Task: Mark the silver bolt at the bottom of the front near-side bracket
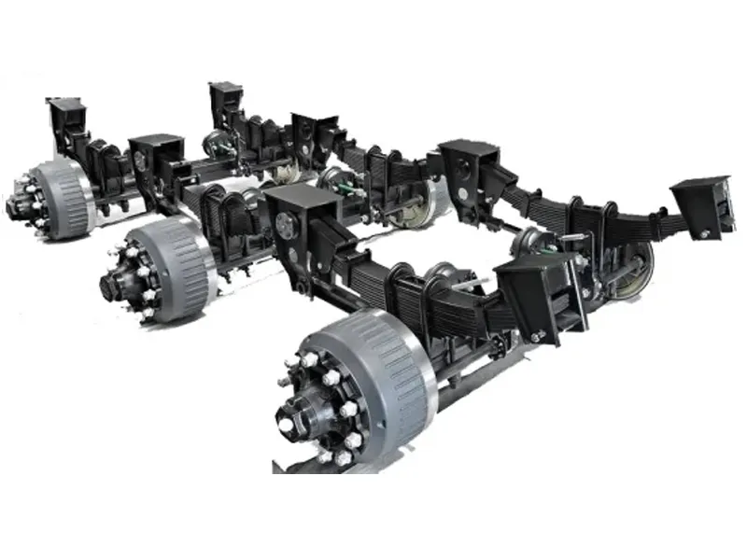(x=538, y=336)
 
